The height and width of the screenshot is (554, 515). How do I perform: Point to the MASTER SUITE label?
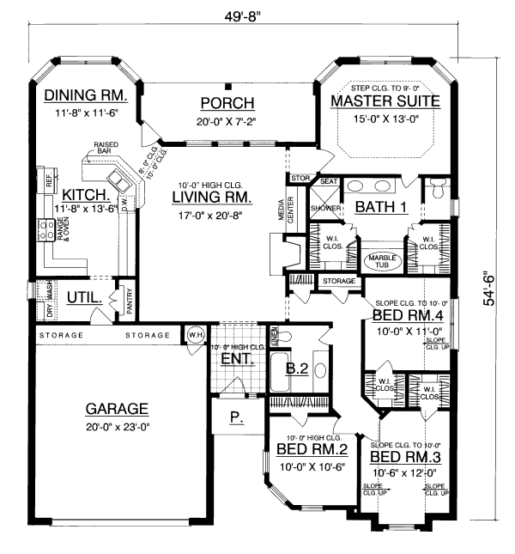[x=385, y=101]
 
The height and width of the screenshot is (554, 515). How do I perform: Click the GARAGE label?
[x=117, y=409]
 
